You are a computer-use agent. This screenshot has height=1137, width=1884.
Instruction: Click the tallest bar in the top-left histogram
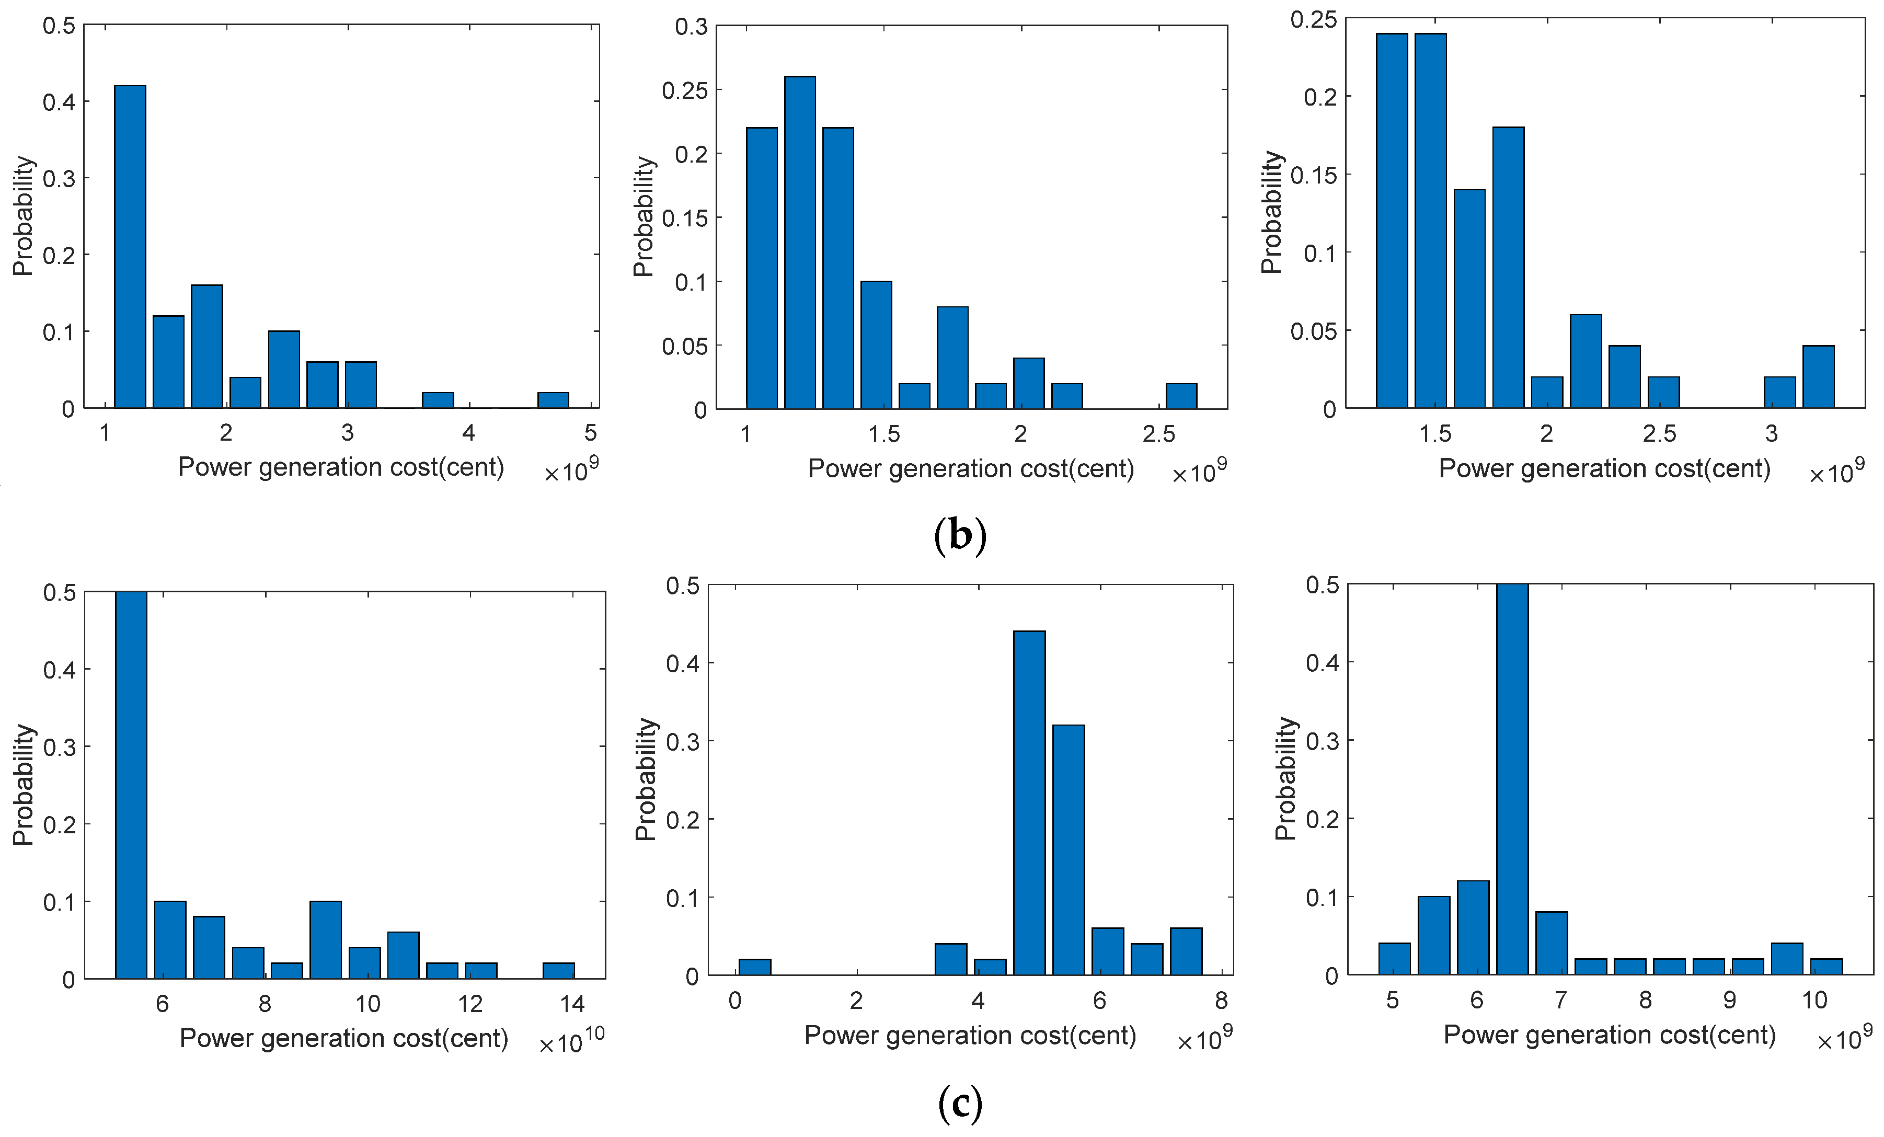coord(130,246)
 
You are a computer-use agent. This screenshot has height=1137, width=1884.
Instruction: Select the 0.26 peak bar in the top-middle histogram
coord(800,243)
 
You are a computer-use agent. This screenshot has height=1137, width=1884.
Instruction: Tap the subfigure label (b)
coord(960,536)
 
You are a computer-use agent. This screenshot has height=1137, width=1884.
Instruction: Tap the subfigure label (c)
coord(960,1102)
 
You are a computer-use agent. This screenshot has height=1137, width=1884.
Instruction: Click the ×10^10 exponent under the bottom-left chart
coord(571,1041)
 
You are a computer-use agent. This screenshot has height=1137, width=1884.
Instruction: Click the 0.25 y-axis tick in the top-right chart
coord(1314,19)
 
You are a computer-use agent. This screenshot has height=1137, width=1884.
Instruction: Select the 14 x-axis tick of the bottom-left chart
coord(572,1004)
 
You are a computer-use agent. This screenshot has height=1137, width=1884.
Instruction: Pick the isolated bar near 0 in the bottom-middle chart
coord(755,967)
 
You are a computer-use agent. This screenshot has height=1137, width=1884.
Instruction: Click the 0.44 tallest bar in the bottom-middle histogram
coord(1029,803)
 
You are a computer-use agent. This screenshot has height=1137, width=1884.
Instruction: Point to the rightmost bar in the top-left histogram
coord(553,399)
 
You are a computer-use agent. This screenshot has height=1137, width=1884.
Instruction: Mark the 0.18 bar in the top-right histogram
coord(1508,268)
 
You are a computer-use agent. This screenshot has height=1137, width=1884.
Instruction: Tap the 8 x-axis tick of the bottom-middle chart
coord(1221,1000)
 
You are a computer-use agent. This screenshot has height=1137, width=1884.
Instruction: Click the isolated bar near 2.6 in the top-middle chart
coord(1181,396)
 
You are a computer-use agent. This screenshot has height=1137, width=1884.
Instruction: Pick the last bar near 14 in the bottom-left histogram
coord(559,970)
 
